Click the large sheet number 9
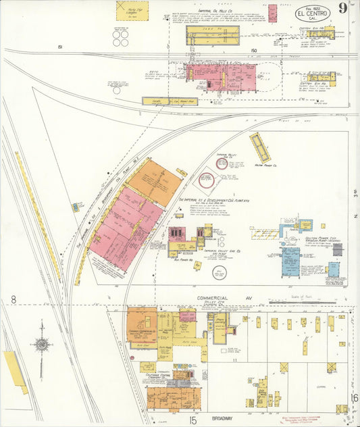click(344, 9)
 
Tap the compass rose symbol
click(42, 345)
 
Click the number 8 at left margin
click(14, 299)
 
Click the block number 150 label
click(253, 51)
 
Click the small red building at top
click(272, 13)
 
